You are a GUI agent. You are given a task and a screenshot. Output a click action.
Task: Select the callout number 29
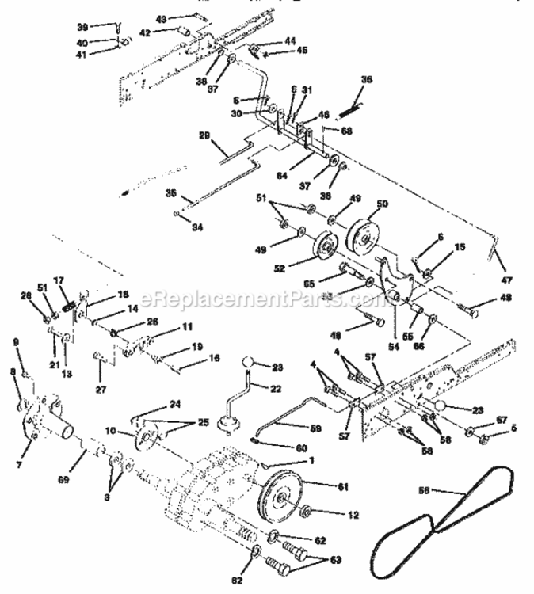[x=205, y=135]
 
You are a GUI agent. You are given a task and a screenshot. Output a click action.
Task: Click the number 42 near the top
[x=166, y=32]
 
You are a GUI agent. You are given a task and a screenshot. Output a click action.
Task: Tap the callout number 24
[x=174, y=403]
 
